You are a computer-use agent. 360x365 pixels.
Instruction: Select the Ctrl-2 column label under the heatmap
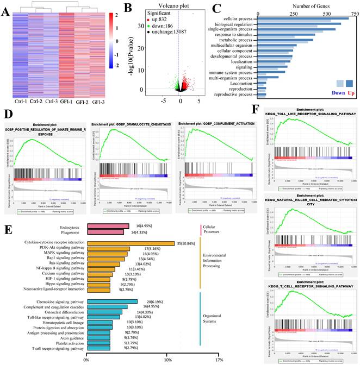click(36, 101)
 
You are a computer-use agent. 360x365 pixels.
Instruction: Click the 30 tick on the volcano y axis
click(140, 25)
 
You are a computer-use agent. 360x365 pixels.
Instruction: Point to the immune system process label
click(231, 72)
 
